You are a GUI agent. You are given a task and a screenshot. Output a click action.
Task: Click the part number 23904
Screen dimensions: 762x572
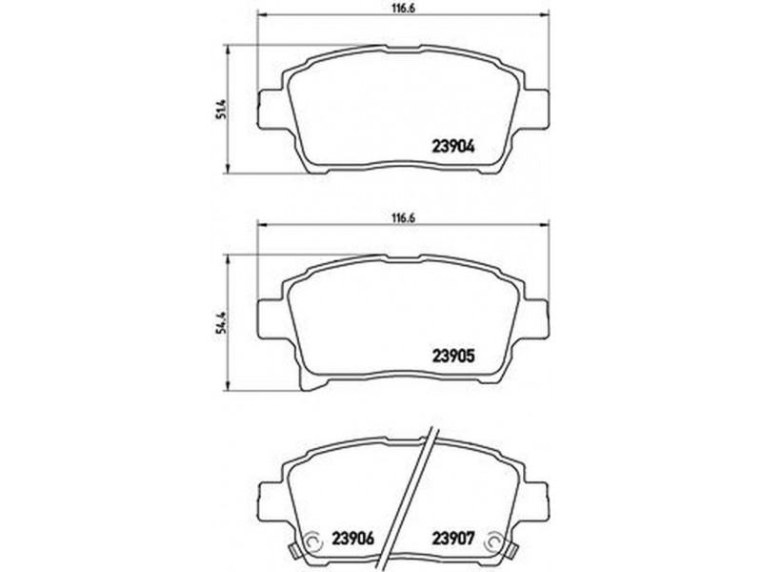click(453, 147)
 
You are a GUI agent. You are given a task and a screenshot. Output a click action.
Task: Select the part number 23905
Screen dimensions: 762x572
click(453, 357)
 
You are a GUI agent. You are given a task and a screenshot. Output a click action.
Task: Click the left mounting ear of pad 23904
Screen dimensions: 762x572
click(271, 110)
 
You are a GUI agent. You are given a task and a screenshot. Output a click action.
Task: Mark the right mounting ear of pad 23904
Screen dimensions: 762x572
click(536, 110)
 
